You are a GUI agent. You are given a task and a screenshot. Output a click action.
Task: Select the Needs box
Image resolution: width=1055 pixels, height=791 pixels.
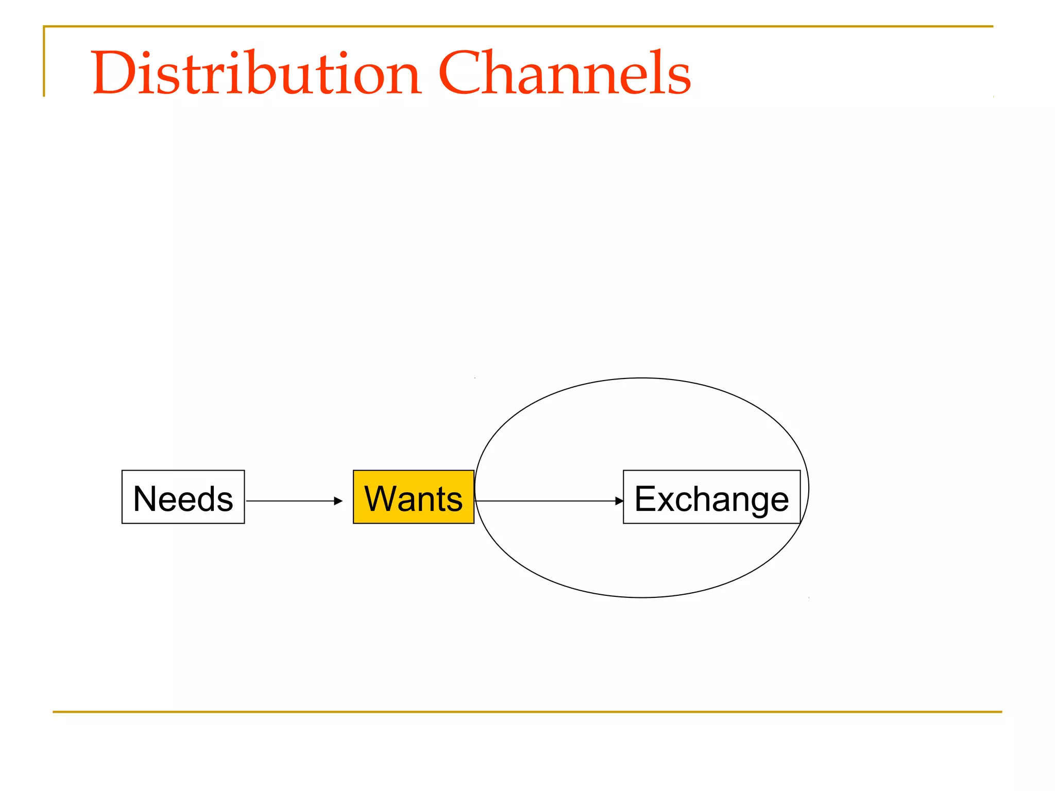click(183, 497)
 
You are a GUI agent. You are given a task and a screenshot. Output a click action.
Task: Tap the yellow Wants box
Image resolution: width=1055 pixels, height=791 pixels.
click(413, 497)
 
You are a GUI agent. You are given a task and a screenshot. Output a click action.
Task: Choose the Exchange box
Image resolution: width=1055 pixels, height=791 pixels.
click(711, 497)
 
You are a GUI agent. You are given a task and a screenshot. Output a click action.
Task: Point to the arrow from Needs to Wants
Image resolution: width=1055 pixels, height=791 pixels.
click(291, 501)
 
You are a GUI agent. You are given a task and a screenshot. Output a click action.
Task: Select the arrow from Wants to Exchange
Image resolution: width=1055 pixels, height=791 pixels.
click(546, 501)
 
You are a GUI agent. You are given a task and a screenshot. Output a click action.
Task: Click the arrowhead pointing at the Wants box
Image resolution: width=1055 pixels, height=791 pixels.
click(338, 501)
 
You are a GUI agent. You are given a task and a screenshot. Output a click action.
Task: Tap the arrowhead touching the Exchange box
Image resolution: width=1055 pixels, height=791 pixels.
click(619, 501)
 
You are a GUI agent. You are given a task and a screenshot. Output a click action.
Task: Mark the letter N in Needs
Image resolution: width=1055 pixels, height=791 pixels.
click(145, 498)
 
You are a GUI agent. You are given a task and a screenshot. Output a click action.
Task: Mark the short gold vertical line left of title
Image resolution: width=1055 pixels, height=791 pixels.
click(44, 62)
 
